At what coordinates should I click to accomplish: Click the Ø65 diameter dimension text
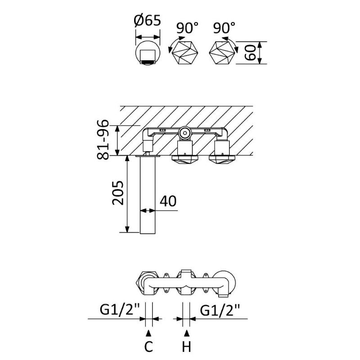pos(147,20)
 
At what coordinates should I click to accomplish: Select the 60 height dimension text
pos(250,53)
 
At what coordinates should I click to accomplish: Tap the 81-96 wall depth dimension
pos(103,140)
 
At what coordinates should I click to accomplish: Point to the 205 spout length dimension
pos(117,193)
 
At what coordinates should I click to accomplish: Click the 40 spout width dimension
pos(168,201)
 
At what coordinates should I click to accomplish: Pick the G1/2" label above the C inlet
pos(120,310)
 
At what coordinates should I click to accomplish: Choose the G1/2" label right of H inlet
pos(220,310)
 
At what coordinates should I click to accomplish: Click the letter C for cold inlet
pos(148,346)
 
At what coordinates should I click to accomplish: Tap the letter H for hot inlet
pos(186,346)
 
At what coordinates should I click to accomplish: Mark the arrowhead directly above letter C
pos(149,333)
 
